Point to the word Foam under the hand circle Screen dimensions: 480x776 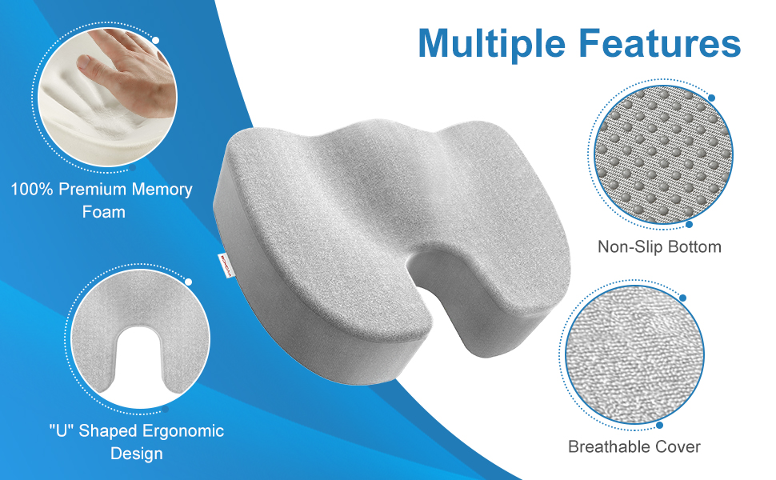pyautogui.click(x=103, y=212)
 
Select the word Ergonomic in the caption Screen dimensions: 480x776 pyautogui.click(x=182, y=430)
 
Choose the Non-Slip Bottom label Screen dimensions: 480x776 pyautogui.click(x=659, y=246)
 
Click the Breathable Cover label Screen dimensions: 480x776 pyautogui.click(x=634, y=446)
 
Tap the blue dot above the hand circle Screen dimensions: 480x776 pyautogui.click(x=155, y=40)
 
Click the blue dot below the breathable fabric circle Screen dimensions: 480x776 pyautogui.click(x=659, y=426)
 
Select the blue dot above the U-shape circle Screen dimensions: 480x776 pyautogui.click(x=189, y=282)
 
